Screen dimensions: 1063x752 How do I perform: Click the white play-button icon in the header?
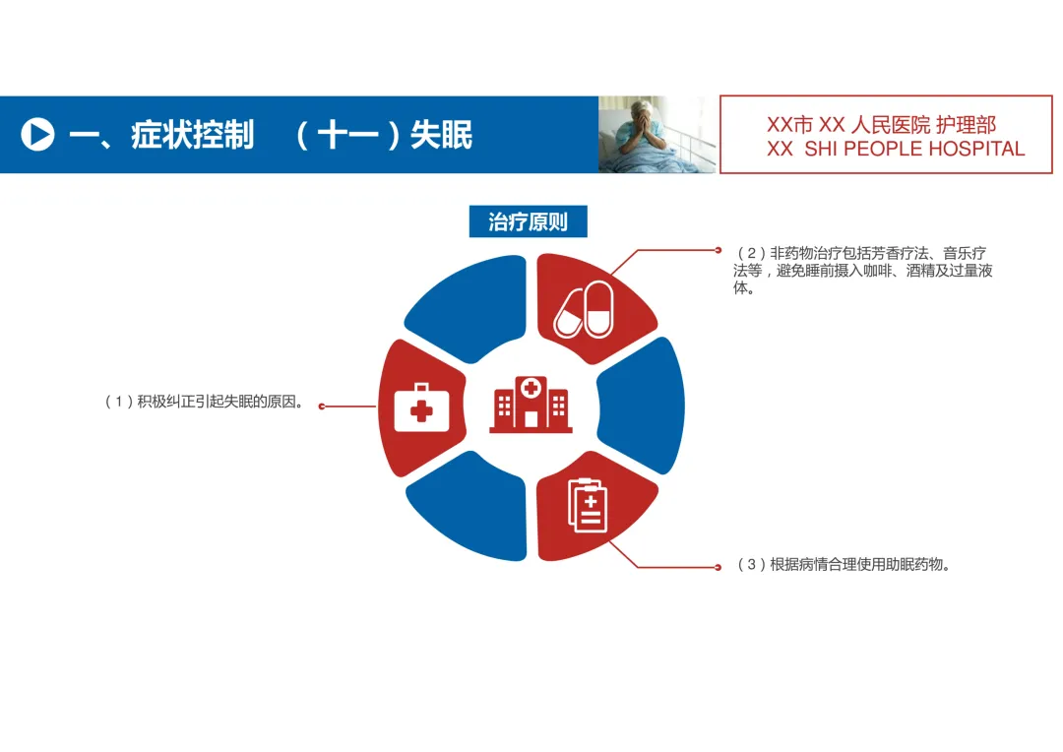[x=37, y=134]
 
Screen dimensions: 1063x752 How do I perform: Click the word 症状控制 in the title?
[x=192, y=135]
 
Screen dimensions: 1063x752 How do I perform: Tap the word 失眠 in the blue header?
[x=442, y=135]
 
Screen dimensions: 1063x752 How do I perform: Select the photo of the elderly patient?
[x=657, y=135]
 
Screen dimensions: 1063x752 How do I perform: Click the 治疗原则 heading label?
[x=528, y=221]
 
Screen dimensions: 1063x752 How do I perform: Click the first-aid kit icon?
[x=420, y=408]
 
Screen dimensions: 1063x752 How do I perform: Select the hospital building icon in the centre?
[x=531, y=404]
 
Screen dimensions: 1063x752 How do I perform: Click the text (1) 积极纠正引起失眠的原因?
[x=203, y=402]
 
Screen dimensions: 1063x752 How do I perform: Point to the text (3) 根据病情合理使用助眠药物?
[x=844, y=565]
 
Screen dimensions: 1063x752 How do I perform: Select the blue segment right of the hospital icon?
[x=642, y=406]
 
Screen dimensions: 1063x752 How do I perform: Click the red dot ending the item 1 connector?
[x=322, y=406]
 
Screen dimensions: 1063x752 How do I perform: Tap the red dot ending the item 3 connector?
[x=718, y=567]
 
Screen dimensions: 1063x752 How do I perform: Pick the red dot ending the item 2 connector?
[x=718, y=250]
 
